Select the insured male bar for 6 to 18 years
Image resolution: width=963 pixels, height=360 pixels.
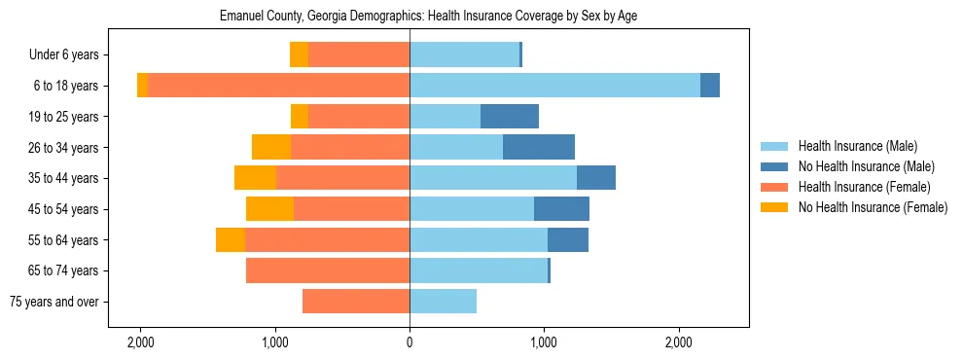(554, 86)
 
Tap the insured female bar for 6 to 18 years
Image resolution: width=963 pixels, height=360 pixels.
(278, 86)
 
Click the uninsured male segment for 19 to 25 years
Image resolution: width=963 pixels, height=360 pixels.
(510, 117)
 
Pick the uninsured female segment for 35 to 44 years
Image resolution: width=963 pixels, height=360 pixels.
(255, 178)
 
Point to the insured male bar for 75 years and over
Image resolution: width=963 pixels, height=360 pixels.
(443, 302)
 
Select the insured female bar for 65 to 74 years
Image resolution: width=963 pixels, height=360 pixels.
(328, 270)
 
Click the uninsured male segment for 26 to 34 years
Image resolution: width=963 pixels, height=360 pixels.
(539, 147)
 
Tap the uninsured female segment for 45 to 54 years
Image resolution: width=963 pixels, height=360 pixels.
(269, 209)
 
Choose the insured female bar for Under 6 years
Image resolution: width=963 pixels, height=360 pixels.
(359, 54)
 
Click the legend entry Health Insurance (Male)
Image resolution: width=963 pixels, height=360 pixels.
(857, 146)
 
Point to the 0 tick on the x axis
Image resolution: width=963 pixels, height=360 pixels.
(410, 342)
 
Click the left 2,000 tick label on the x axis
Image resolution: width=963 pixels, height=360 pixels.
(140, 342)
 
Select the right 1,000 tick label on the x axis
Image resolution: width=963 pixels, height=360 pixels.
(544, 342)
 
